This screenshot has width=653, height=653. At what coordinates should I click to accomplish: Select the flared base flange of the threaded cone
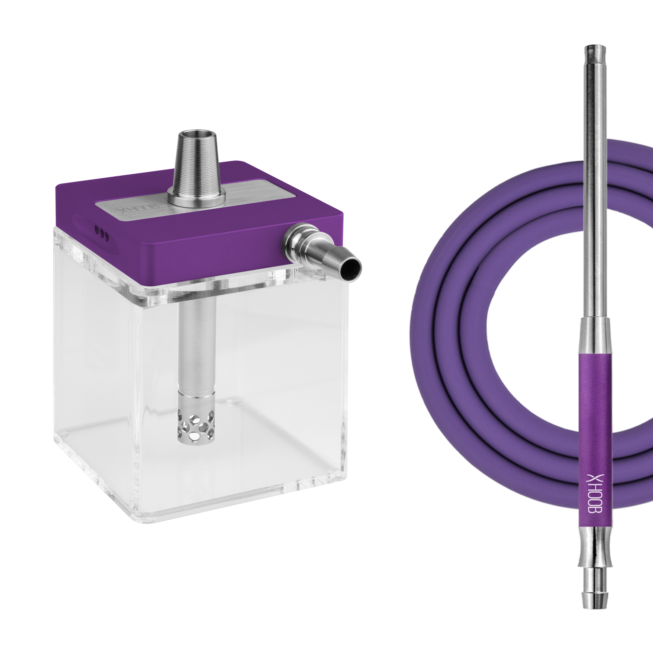[x=198, y=199]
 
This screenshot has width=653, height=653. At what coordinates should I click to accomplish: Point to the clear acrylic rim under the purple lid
[x=169, y=287]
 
